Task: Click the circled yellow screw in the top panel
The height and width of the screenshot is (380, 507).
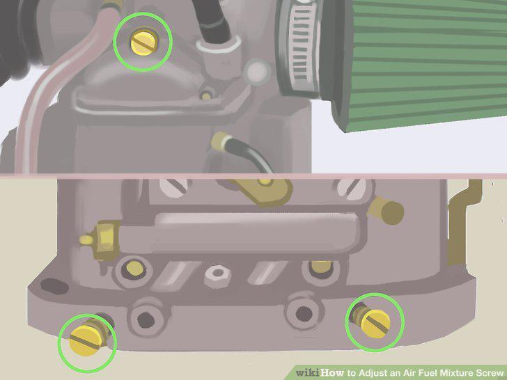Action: coord(144,42)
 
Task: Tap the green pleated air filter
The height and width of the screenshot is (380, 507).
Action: coord(423,61)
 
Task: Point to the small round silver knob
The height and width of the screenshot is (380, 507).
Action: coord(258,72)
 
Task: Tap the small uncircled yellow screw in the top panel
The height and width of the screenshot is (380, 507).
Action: coord(206,95)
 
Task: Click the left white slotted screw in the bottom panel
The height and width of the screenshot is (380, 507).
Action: coord(174,187)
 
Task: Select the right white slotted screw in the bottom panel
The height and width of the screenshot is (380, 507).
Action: coord(352,188)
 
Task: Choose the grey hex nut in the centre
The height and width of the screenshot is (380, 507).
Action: coord(218,276)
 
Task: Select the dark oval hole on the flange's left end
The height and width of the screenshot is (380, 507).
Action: coord(54,286)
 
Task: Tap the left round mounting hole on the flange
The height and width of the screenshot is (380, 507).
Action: coord(146,320)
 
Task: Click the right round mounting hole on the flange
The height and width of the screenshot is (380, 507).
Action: coord(304,314)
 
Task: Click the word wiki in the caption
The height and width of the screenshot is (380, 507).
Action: coord(308,372)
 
